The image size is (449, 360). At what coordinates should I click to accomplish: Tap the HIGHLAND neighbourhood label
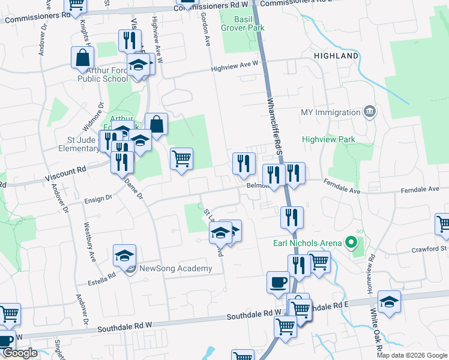[x=336, y=56]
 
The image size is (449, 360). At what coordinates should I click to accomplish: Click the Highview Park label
[x=328, y=140]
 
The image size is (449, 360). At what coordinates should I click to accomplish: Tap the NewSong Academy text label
[x=175, y=268]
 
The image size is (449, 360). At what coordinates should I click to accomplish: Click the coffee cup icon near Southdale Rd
[x=278, y=281]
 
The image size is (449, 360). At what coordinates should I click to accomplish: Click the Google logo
[x=19, y=353]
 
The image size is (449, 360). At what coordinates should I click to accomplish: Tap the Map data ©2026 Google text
[x=411, y=355]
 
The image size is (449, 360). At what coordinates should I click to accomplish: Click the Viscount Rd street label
[x=65, y=175]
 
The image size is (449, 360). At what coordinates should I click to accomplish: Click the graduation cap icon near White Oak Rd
[x=389, y=301]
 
